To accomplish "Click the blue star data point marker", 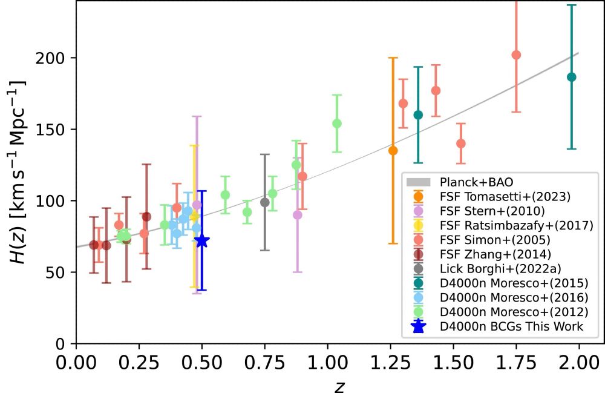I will point(201,241).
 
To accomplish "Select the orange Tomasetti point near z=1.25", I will point(393,150).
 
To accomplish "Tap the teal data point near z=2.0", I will point(571,77).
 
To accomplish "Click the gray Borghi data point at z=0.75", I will point(264,202).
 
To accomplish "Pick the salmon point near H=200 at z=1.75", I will point(516,55).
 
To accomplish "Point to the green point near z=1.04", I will point(337,124).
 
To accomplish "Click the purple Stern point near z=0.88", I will point(297,214).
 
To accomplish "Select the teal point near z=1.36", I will point(417,115).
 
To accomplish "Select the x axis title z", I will point(339,385).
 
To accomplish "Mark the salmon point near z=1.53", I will point(461,144).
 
